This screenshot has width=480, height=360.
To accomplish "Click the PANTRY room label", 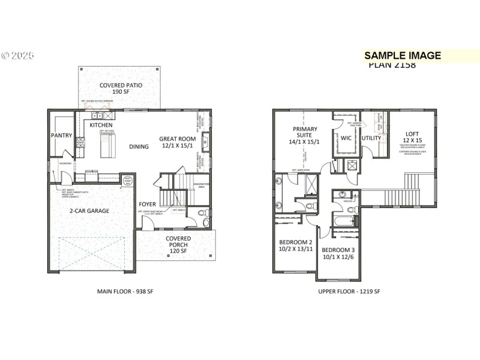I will [61, 136].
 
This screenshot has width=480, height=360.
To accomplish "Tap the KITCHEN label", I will [101, 125].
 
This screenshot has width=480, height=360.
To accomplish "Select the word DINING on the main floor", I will [139, 146].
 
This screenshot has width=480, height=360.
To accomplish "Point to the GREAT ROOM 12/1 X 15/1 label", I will [178, 142].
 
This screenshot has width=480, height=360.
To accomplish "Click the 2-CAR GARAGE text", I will [89, 211].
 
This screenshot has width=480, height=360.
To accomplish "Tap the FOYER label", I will [148, 204].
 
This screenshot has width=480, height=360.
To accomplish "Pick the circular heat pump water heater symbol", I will [128, 180].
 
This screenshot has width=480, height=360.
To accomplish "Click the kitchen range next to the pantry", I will [80, 143].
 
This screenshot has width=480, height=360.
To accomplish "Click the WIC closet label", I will [346, 138].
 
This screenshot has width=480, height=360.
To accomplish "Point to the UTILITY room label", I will [371, 138].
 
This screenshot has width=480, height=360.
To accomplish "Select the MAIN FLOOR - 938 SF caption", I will [125, 292].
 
